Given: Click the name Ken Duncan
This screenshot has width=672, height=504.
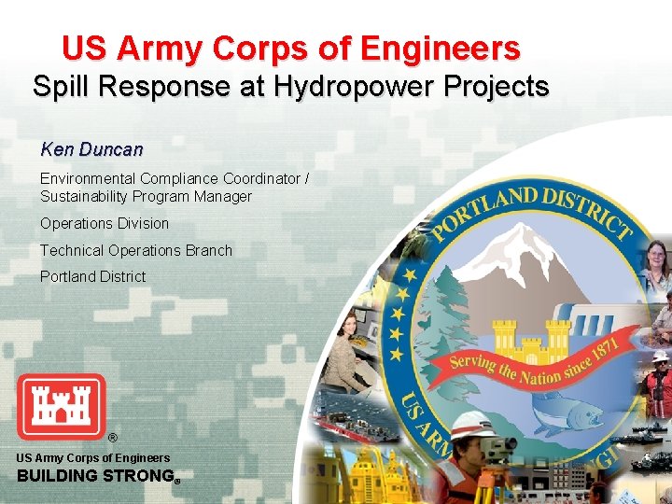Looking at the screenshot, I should (91, 149).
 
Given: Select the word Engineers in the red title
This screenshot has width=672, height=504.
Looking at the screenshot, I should (440, 48).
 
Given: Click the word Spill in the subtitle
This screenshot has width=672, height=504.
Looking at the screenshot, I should (62, 87).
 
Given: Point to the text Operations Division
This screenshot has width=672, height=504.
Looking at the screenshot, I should (105, 224).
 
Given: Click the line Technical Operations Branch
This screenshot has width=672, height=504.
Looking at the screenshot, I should (136, 250).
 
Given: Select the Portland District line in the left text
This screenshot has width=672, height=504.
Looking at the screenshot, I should (92, 276).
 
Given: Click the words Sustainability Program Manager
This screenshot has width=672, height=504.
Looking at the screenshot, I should (146, 197).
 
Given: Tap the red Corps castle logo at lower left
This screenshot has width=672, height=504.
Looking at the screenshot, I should (61, 406).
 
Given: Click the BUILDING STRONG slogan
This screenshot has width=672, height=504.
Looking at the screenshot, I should (96, 476).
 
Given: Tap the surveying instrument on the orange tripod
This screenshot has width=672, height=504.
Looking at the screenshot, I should (505, 449).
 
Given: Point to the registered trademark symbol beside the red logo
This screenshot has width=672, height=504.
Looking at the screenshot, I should (113, 438).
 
